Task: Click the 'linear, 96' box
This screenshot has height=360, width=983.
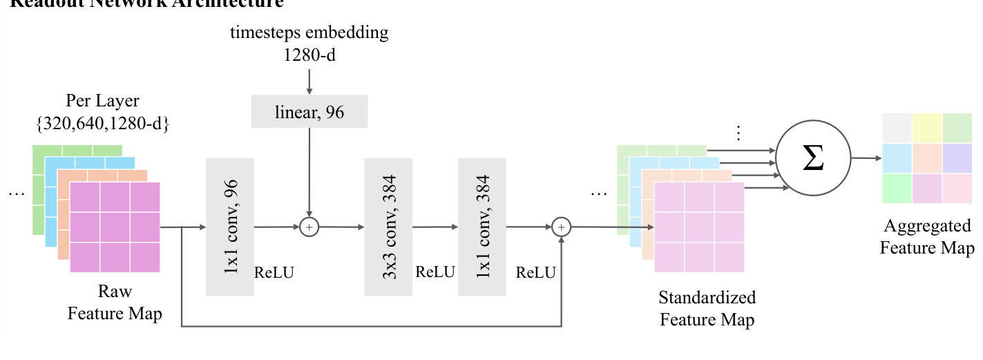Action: click(x=309, y=112)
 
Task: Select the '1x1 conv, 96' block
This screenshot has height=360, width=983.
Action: click(x=230, y=226)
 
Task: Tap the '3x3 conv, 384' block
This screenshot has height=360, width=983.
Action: click(x=388, y=226)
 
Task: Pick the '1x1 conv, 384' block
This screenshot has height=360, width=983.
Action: click(x=481, y=226)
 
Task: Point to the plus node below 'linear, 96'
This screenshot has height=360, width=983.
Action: click(x=309, y=226)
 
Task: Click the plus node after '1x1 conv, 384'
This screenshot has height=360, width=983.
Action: click(x=562, y=226)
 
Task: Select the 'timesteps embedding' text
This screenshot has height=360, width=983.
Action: click(x=309, y=32)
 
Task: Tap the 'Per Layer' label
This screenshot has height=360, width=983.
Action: click(x=102, y=101)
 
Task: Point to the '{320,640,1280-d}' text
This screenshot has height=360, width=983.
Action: click(x=102, y=124)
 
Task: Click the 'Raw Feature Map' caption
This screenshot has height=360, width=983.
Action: click(x=115, y=303)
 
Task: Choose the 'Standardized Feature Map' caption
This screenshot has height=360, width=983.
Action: click(x=707, y=308)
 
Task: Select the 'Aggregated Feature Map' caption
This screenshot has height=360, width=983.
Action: click(x=927, y=236)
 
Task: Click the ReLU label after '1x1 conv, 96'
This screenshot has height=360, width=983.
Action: click(x=274, y=272)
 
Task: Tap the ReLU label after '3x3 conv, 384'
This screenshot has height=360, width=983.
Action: click(x=435, y=272)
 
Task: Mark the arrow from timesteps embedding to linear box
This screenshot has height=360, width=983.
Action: click(x=309, y=79)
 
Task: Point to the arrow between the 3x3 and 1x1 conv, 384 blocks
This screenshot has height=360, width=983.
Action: click(x=435, y=226)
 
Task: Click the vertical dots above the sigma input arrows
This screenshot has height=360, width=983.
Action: click(x=738, y=133)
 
